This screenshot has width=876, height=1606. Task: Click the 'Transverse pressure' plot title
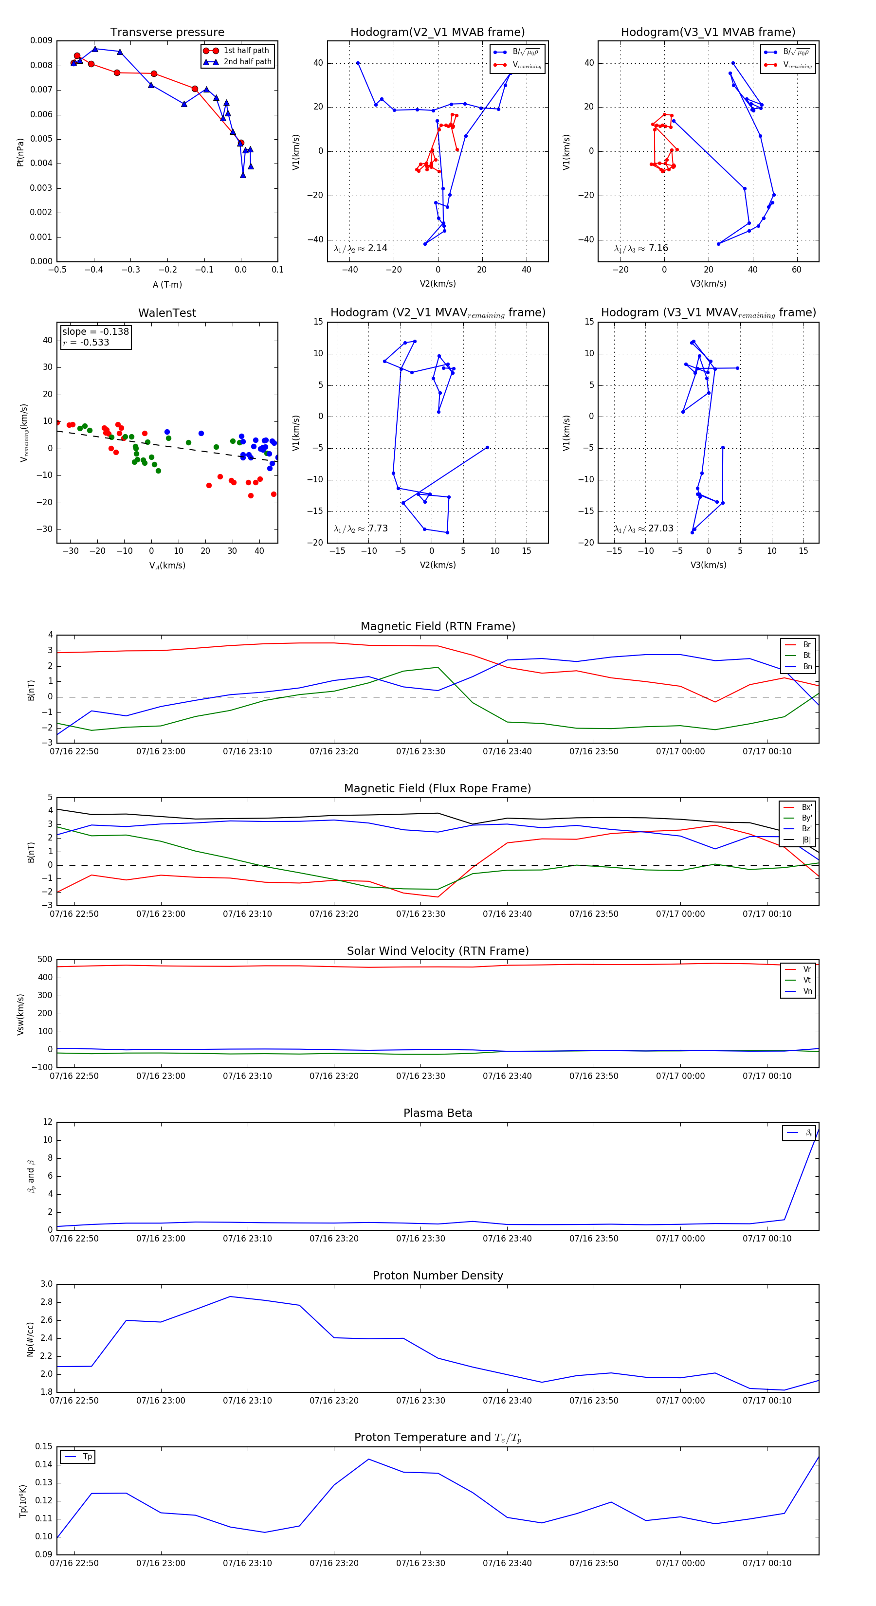coord(167,33)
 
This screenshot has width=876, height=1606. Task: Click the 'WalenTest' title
coord(167,313)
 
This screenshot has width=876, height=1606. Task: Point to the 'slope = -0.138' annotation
coord(95,332)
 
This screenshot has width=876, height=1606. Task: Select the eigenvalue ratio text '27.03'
coord(660,528)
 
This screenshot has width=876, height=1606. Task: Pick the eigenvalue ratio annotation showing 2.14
coord(377,248)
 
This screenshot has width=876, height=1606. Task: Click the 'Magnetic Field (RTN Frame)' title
coord(438,626)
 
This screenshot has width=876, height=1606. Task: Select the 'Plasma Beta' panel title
coord(438,1113)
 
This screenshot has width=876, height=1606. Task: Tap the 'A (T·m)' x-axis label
coord(167,284)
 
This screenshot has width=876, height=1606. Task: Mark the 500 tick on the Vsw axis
coord(45,960)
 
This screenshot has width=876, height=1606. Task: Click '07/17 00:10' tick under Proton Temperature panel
coord(767,1563)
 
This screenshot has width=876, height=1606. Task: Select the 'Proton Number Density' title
coord(438,1276)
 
